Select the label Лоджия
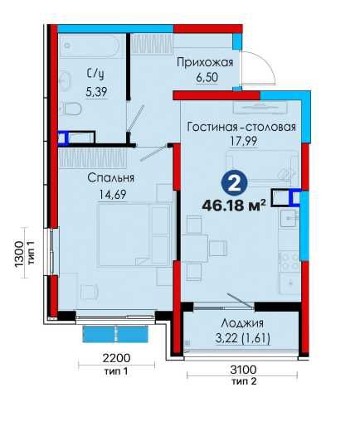pos(242,323)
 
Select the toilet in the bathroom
pos(73,109)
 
